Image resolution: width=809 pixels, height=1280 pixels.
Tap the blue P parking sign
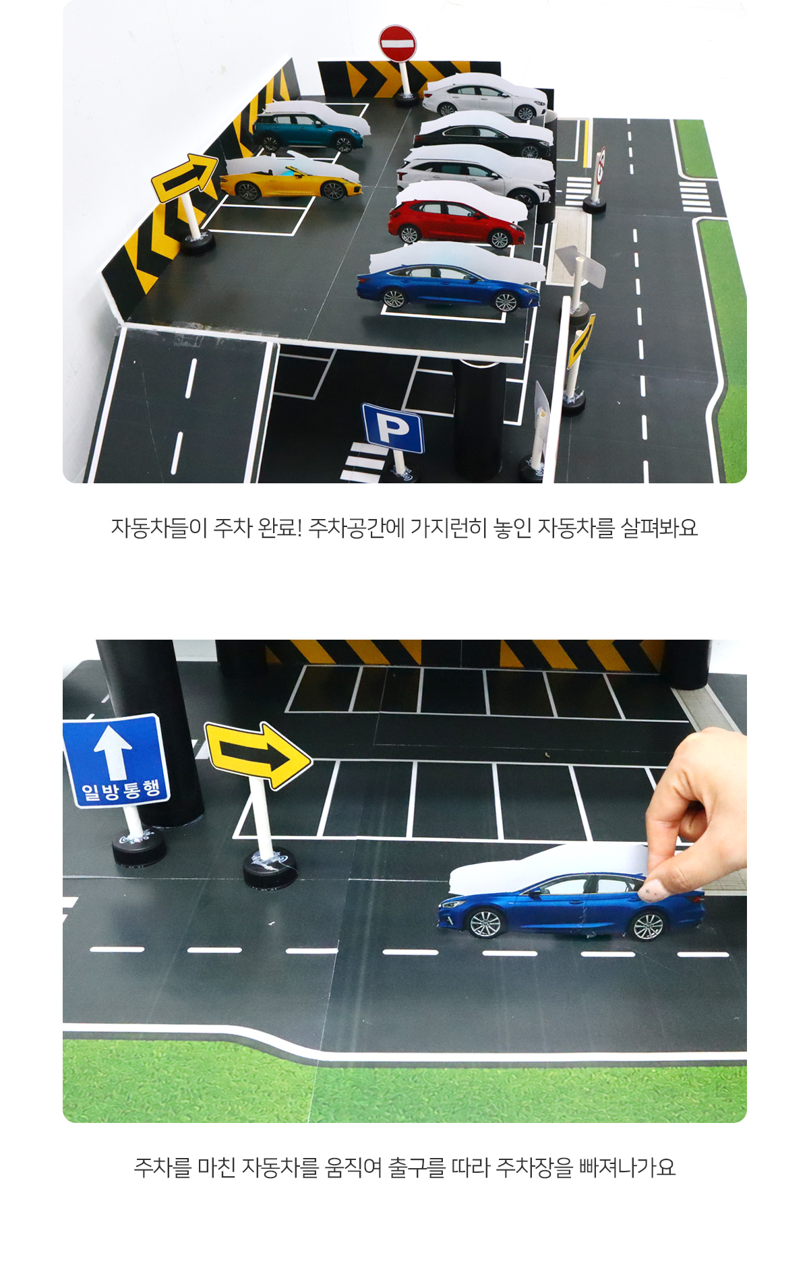point(392,428)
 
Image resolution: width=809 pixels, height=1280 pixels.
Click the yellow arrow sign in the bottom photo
point(258,755)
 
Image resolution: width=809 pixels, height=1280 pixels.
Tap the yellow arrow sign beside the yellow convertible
point(184,177)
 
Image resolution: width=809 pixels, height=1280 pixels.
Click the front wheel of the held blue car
point(485,923)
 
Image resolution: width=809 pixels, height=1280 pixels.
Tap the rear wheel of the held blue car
point(648,925)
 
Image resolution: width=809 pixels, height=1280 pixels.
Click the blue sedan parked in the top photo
point(448,286)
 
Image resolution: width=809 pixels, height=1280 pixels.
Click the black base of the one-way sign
point(138,847)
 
